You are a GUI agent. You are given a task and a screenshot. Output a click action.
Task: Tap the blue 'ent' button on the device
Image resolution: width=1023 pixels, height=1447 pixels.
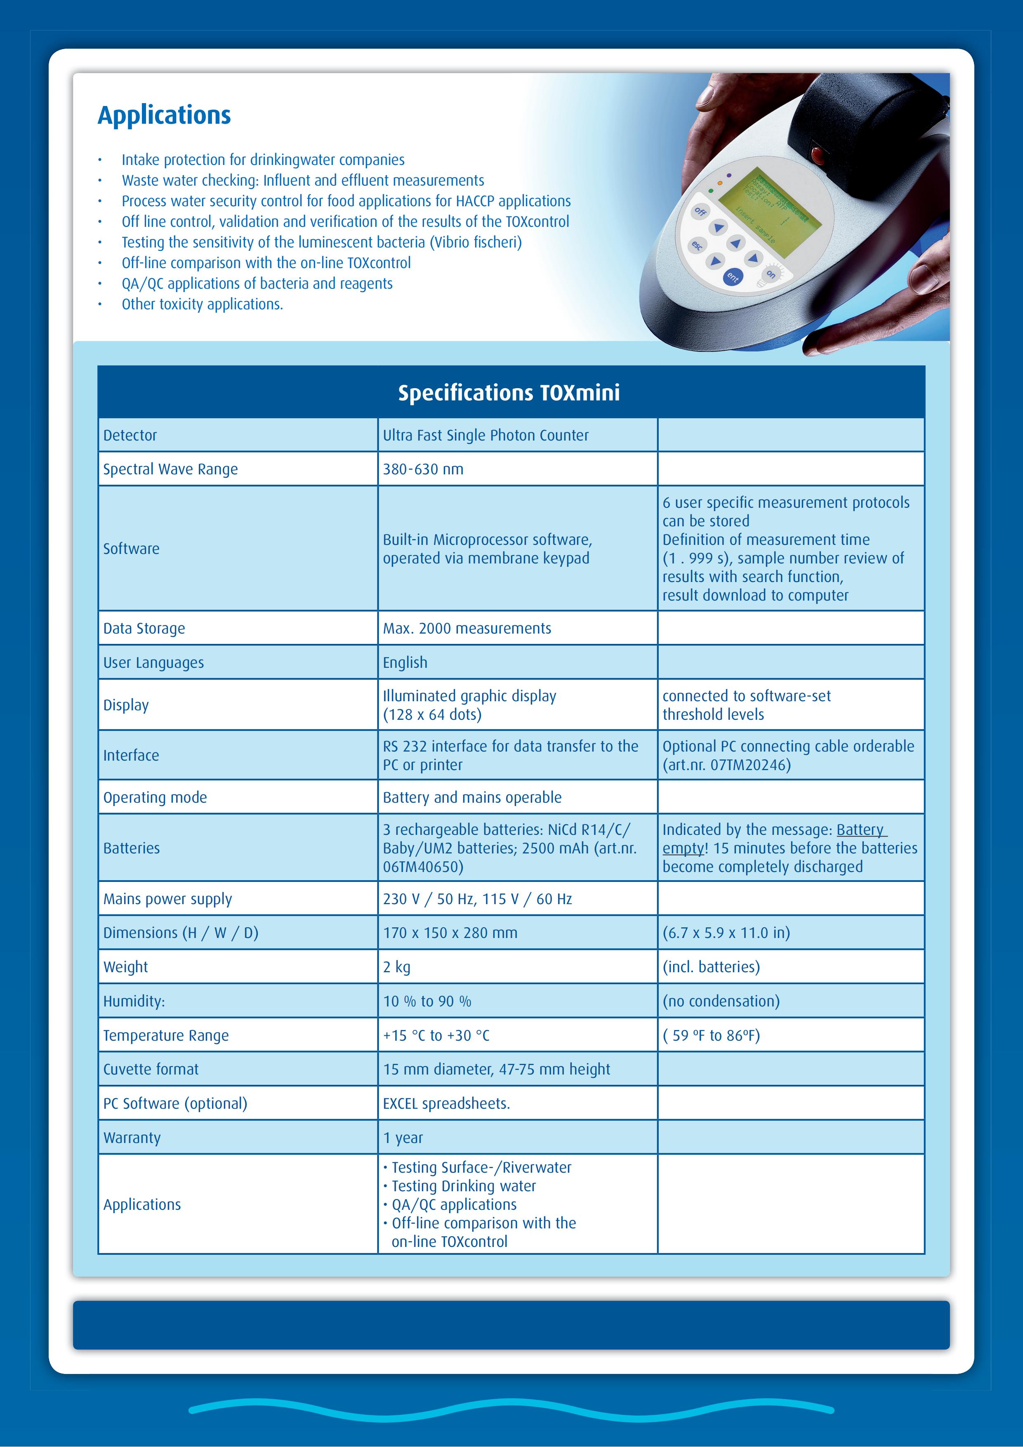coord(733,277)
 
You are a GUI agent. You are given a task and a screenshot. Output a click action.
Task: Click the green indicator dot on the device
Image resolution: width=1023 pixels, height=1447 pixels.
coord(710,190)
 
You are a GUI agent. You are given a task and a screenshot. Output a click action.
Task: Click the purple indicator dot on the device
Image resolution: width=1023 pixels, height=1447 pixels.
coord(729,176)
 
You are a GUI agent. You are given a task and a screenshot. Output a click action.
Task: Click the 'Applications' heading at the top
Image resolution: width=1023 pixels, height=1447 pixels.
coord(165,115)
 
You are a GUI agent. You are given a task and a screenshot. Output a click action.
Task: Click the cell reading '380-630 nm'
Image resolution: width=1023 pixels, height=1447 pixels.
coord(423,469)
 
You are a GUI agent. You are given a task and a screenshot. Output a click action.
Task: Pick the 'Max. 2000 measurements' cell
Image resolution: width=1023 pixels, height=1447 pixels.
coord(467,628)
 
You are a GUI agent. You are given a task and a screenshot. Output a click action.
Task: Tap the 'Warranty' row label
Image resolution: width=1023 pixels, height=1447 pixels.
coord(132,1138)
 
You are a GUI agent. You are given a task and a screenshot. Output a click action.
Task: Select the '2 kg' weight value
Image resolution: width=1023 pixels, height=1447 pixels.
coord(396,967)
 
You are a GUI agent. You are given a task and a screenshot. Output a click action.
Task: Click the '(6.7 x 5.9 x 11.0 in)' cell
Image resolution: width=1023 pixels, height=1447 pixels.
coord(726,933)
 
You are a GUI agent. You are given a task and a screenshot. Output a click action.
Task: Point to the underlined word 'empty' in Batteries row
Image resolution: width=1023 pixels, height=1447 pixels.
coord(683,848)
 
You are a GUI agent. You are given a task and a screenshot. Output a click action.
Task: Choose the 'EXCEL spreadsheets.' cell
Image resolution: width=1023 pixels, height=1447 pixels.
coord(446,1103)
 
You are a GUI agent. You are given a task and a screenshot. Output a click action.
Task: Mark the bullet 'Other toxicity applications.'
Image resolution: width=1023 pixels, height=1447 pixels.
coord(202,304)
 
